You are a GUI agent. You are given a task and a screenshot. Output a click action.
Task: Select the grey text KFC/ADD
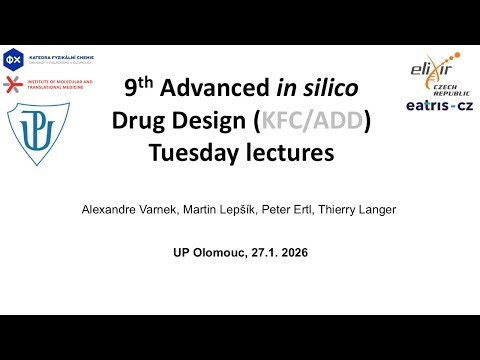(x=313, y=122)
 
